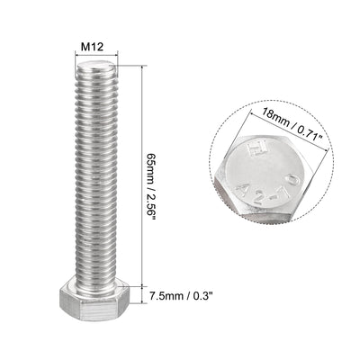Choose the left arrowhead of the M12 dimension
(75, 55)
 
